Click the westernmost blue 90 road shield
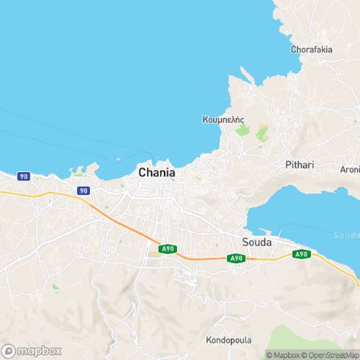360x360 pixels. click(24, 176)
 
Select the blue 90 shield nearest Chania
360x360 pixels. click(84, 191)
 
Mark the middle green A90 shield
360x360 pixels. click(236, 258)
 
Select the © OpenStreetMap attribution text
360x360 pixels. click(330, 354)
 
